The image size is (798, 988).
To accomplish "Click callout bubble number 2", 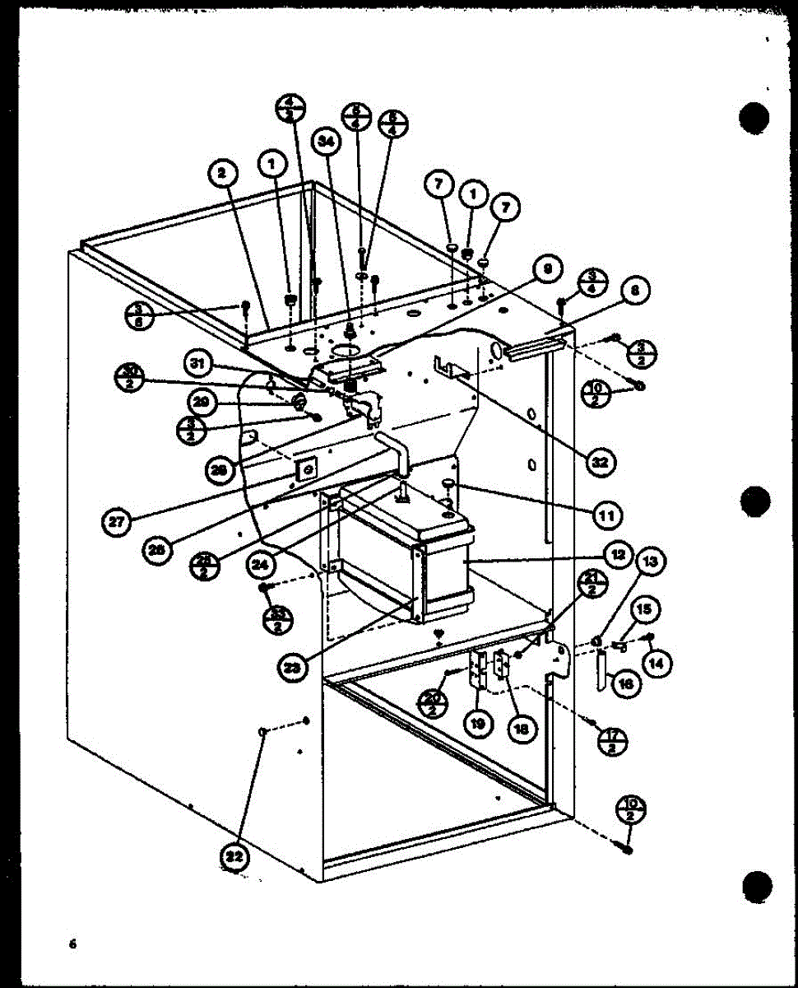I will point(221,173).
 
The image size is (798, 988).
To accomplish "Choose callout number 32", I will point(601,462).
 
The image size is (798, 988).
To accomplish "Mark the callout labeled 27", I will point(119,520).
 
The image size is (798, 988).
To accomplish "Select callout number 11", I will point(606,515).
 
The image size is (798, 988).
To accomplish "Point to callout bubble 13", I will point(650,562).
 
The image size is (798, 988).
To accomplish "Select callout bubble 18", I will point(521,728).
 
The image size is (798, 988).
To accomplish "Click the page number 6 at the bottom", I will point(72,944).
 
